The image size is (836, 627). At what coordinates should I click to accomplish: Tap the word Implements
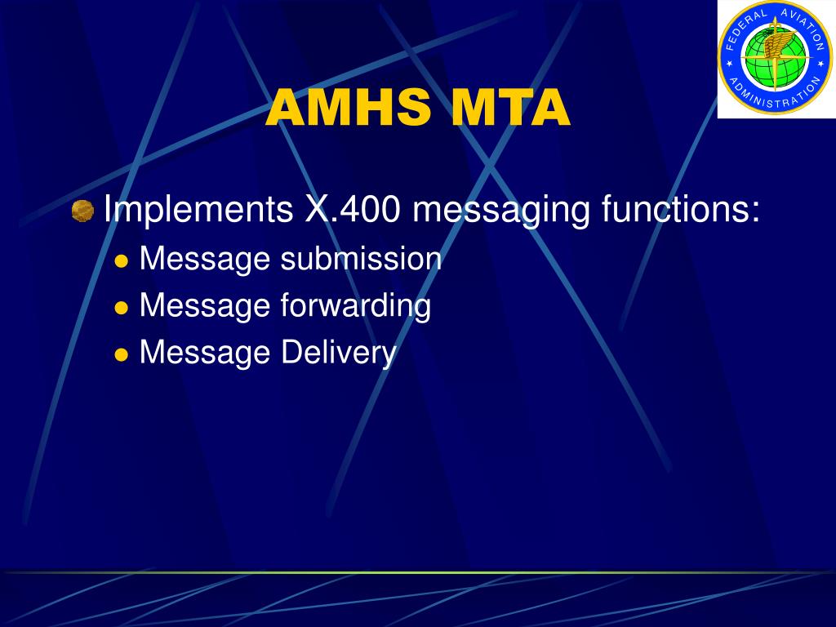[x=198, y=210]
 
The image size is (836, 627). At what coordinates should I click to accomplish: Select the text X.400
[x=353, y=210]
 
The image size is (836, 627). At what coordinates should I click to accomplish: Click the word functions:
[x=681, y=210]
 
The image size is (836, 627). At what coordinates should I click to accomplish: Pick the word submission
[x=361, y=259]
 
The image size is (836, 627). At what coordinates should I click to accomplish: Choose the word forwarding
[x=355, y=306]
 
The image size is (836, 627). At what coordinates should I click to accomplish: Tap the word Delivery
[x=339, y=354]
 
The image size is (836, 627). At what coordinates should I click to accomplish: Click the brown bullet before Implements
[x=82, y=211]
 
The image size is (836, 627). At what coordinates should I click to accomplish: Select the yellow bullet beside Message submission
[x=122, y=261]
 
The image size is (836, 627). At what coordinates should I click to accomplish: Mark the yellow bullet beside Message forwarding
[x=122, y=308]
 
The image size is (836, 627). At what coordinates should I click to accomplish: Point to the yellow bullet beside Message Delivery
[x=122, y=355]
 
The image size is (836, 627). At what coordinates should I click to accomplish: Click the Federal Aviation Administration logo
[x=774, y=59]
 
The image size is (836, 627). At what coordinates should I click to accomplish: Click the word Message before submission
[x=205, y=259]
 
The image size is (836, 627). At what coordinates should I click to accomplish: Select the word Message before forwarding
[x=205, y=306]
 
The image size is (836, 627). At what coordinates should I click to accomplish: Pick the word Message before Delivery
[x=205, y=354]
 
